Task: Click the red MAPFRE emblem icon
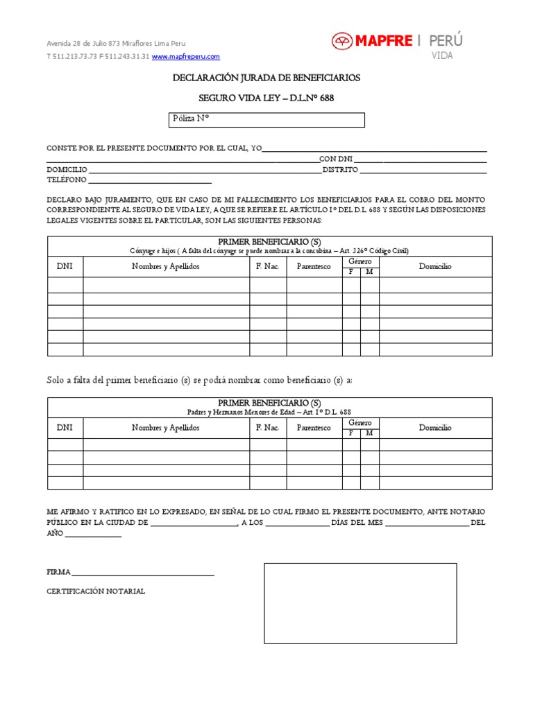341,42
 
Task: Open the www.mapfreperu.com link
185,56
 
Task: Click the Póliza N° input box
266,120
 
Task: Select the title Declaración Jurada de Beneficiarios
266,78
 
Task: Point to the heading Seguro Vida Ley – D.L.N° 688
266,98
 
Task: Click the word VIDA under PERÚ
442,55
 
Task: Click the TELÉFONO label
67,180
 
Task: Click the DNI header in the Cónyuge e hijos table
65,266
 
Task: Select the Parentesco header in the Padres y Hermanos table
314,428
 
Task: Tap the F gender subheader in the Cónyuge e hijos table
351,272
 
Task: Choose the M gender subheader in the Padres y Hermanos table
369,433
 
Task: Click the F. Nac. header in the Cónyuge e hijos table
268,266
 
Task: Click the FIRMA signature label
58,572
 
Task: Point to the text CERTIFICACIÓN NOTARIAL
96,591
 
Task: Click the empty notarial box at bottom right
359,603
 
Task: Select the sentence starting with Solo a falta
199,381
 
